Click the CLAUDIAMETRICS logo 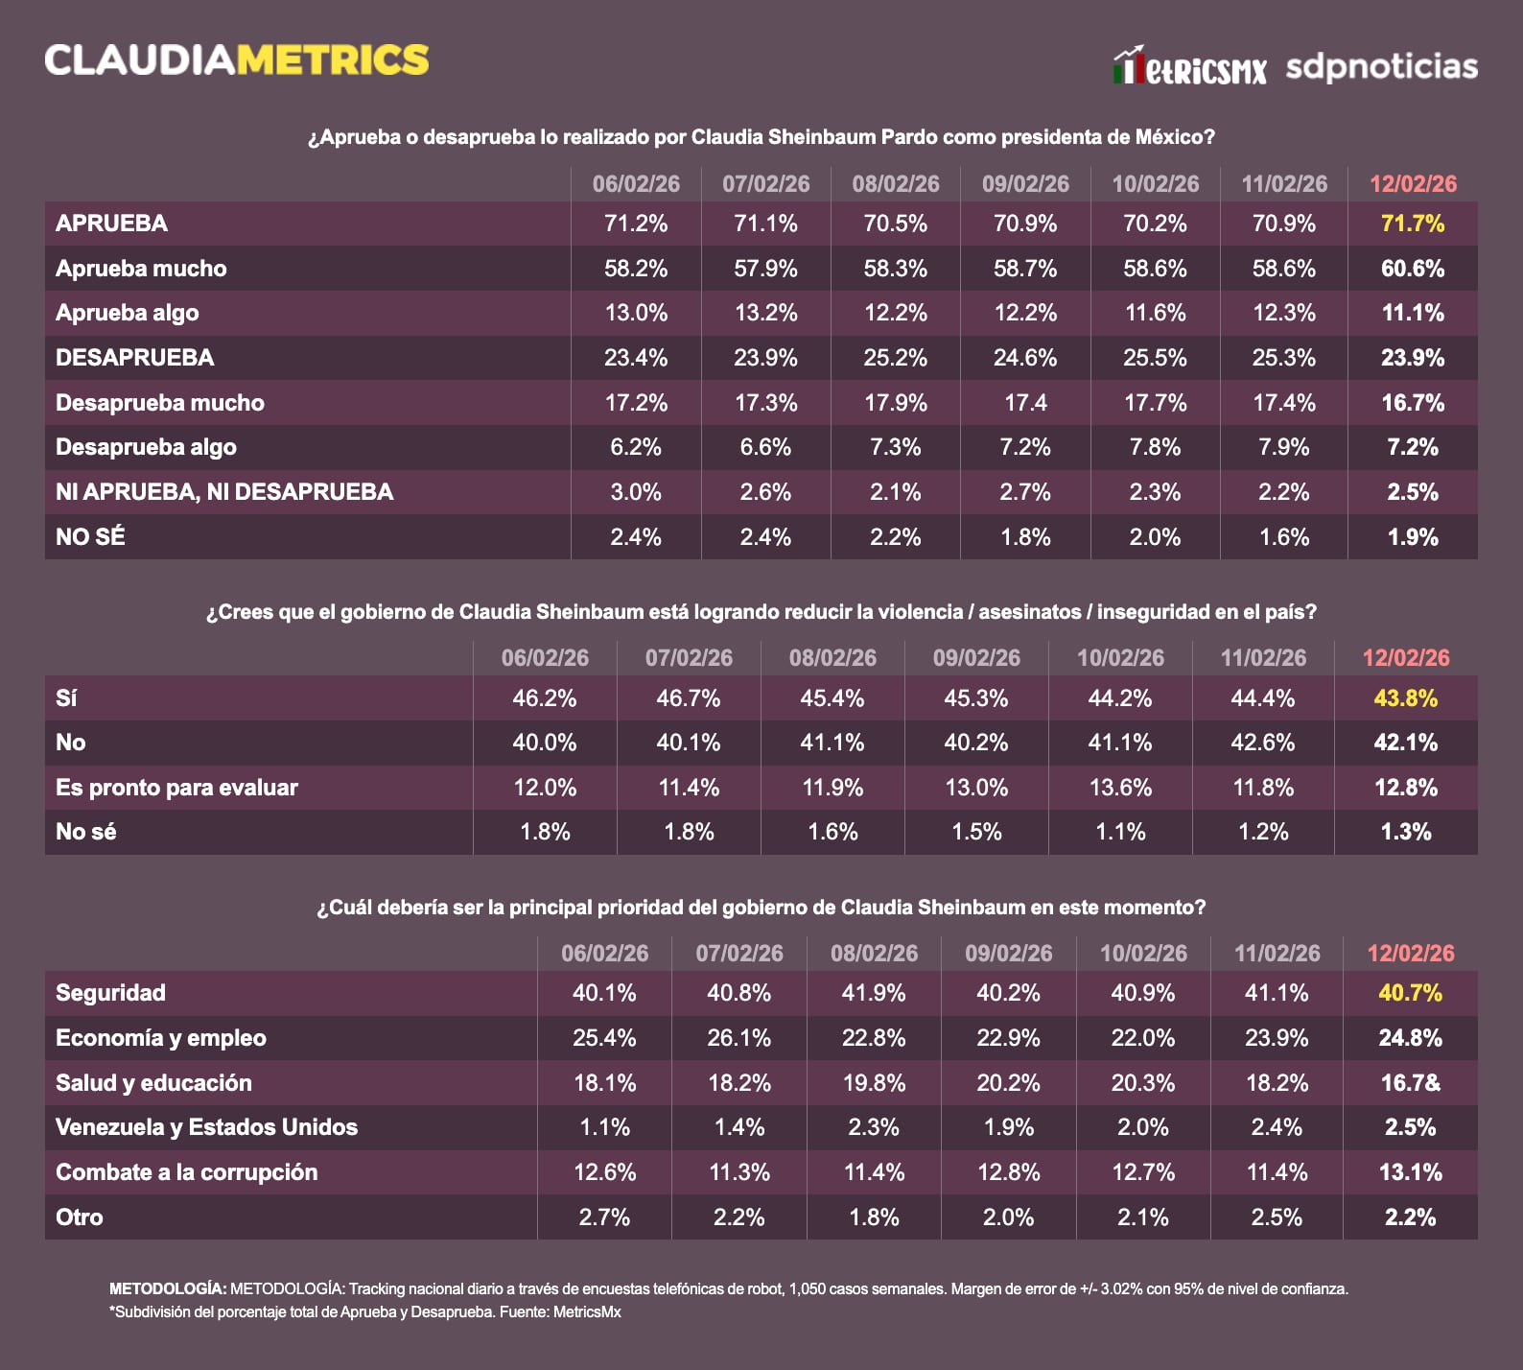click(236, 59)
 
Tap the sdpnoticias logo click(1381, 66)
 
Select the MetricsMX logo click(1189, 67)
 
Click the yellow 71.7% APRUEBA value click(1413, 224)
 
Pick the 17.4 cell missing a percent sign click(1025, 403)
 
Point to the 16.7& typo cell click(1410, 1083)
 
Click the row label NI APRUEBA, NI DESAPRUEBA click(224, 492)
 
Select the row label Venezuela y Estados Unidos click(206, 1127)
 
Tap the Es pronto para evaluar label click(176, 788)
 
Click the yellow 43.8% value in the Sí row click(1405, 698)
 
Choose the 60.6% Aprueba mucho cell click(1413, 269)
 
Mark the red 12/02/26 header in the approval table click(1413, 184)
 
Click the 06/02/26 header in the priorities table click(604, 954)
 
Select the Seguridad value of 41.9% click(873, 993)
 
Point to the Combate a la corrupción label click(186, 1172)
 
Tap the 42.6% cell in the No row click(1262, 743)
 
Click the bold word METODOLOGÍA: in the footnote click(168, 1289)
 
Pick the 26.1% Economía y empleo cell click(738, 1038)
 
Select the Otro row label click(80, 1217)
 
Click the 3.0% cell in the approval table click(636, 492)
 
